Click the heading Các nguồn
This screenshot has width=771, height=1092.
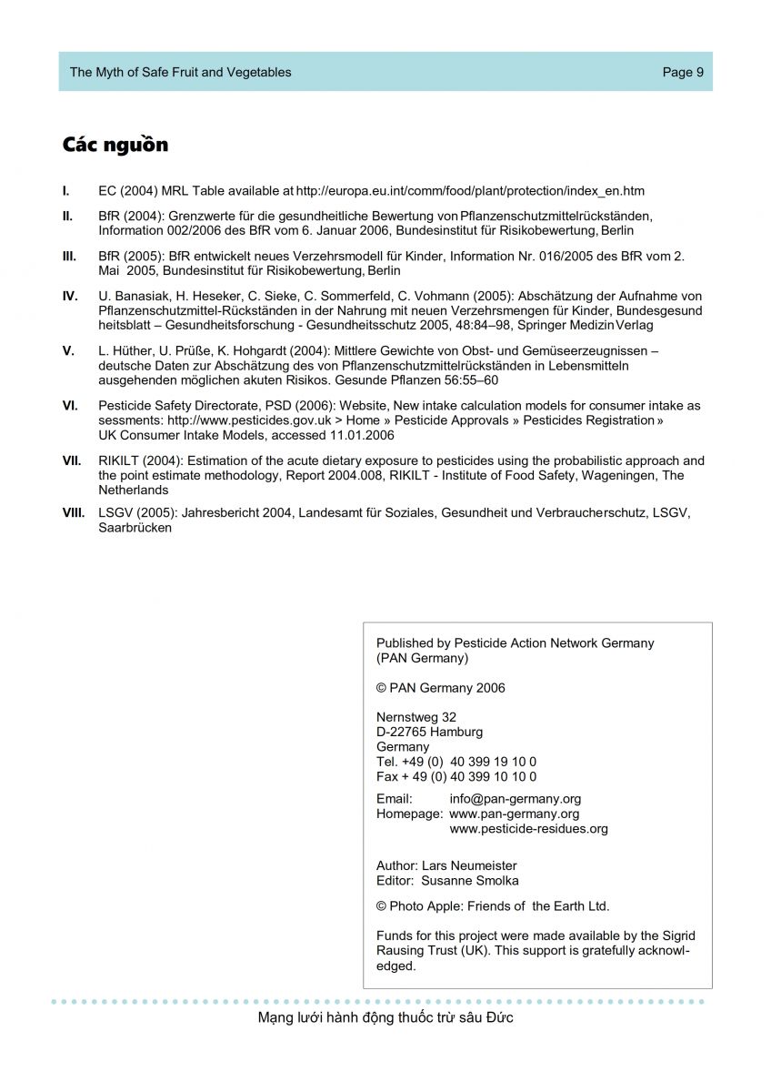(115, 145)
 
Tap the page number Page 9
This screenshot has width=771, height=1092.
(683, 73)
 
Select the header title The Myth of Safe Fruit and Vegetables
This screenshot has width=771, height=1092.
(181, 73)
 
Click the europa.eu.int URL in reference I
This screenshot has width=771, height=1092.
(470, 191)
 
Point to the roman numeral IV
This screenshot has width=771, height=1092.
(70, 297)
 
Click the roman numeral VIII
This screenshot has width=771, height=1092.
(74, 513)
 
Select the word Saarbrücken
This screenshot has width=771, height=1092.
(135, 528)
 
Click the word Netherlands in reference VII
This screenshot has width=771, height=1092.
(133, 490)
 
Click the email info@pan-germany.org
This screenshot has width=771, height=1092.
(516, 799)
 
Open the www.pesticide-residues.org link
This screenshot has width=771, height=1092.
(528, 829)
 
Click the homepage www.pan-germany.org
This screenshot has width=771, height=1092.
(514, 814)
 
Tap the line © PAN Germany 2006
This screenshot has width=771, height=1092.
(440, 688)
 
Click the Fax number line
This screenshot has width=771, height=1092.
(456, 776)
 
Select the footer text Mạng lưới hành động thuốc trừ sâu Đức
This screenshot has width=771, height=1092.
(385, 1017)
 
